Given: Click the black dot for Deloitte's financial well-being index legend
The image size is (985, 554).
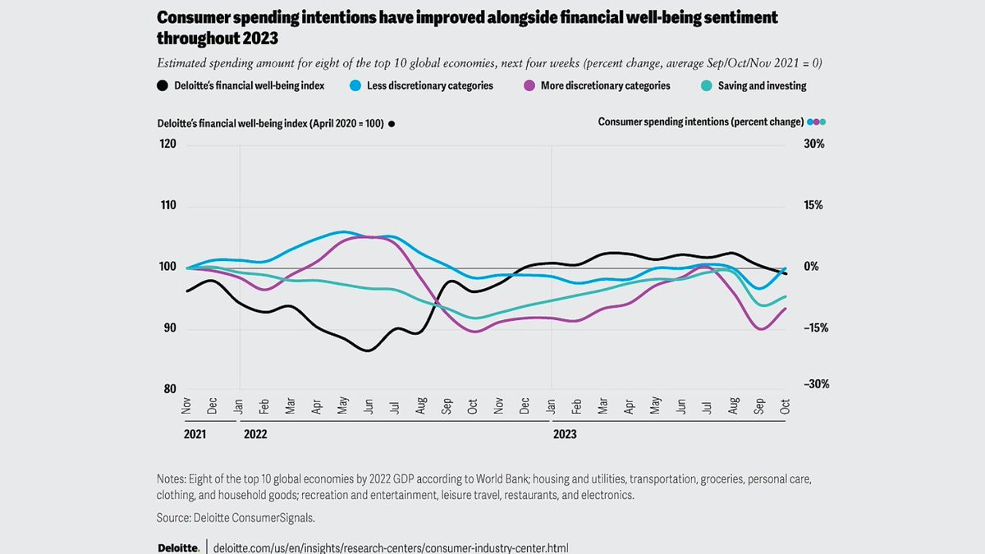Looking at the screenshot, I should [x=163, y=86].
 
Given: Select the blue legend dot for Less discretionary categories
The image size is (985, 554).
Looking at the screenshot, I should [x=355, y=86].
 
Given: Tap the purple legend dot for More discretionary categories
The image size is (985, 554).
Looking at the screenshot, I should [x=529, y=86].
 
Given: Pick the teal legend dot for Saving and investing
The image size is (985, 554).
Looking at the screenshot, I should [x=706, y=86].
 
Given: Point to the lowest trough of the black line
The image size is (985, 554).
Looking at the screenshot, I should [x=369, y=350].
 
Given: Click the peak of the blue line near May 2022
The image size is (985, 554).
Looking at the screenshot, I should [x=344, y=231].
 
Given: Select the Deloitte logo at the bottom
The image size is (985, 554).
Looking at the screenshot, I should [x=177, y=547].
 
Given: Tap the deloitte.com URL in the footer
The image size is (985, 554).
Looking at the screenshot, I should [x=390, y=547].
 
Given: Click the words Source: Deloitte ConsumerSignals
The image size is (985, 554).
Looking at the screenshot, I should [x=236, y=518].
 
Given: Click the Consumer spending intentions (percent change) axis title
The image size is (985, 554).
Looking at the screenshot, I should [x=700, y=122].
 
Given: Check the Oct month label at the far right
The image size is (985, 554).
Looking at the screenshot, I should [x=785, y=405].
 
